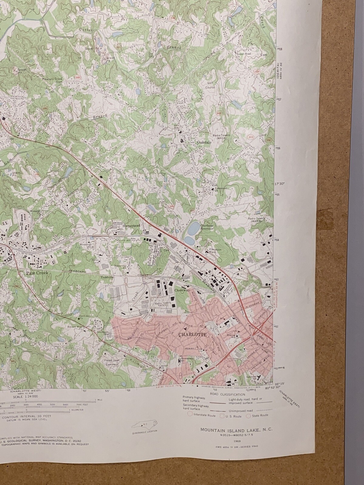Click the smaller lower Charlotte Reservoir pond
coord(189,241)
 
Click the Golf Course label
coord(211,85)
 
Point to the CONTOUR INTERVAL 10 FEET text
coord(26,416)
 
